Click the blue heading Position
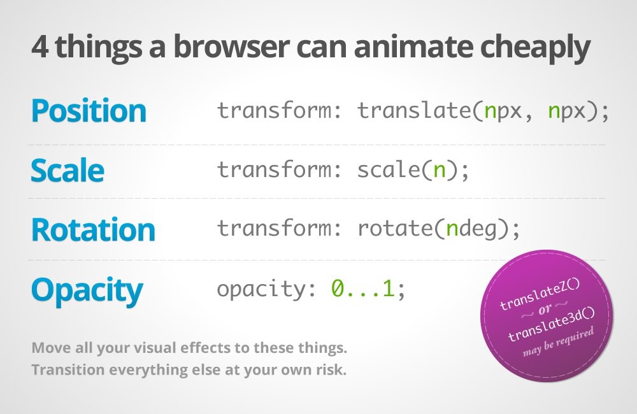tap(89, 111)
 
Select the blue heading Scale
tap(67, 170)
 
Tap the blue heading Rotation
tap(93, 229)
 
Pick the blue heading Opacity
tap(87, 290)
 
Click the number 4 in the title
tap(39, 49)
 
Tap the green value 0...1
tap(363, 289)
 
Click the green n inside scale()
tap(439, 170)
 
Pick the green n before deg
tap(452, 229)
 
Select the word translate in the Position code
tap(413, 111)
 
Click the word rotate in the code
tap(396, 229)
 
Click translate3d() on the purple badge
tap(551, 327)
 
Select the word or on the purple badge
tap(546, 312)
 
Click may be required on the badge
tap(559, 342)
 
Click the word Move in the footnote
tap(47, 349)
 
